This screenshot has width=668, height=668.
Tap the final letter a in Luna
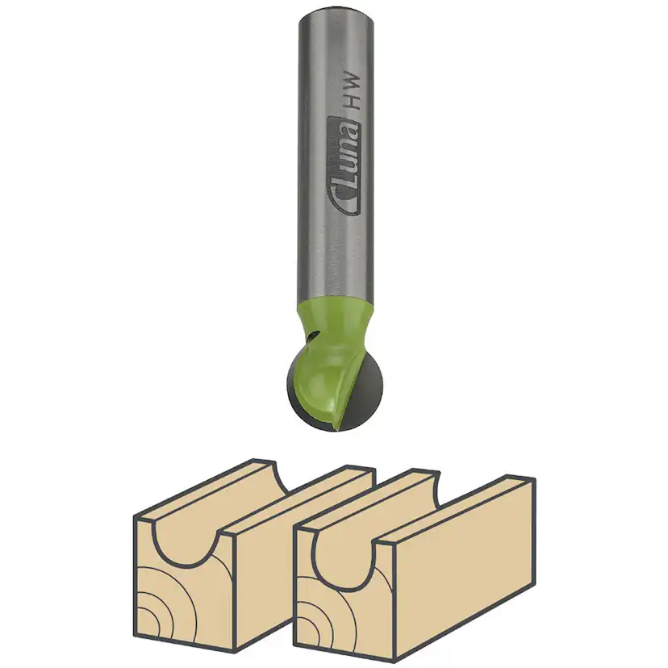pos(344,129)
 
